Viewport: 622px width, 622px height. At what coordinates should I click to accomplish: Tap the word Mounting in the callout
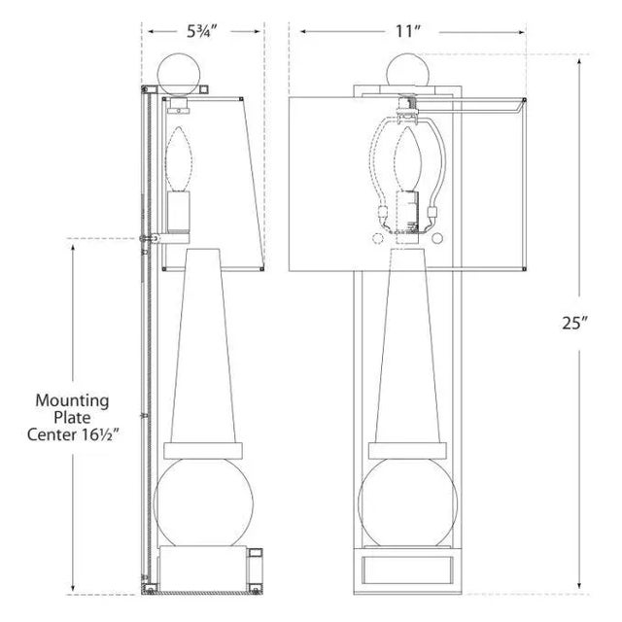(72, 399)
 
